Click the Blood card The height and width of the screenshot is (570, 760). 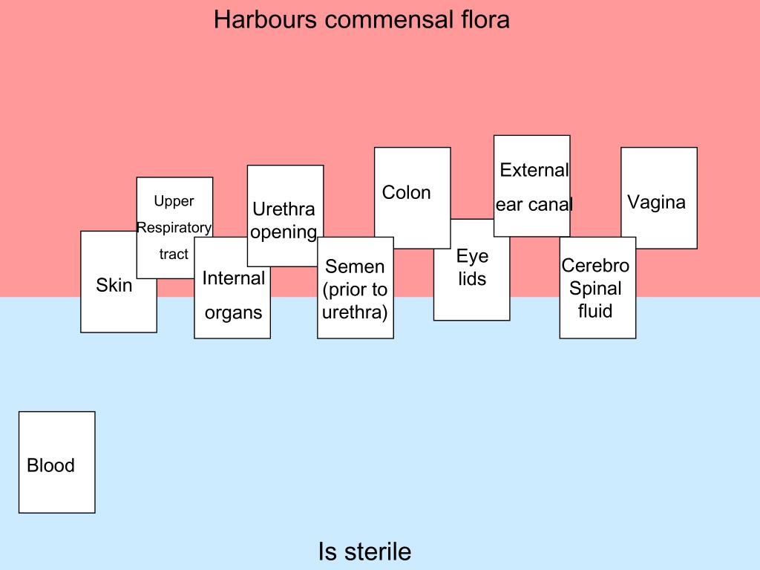click(56, 462)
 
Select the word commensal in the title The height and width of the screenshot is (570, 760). click(384, 20)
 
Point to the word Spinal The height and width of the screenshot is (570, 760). click(595, 288)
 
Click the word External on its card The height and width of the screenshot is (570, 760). click(534, 170)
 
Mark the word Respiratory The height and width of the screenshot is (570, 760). click(174, 227)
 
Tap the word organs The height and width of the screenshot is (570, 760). click(233, 312)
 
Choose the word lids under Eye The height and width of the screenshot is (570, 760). click(472, 280)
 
